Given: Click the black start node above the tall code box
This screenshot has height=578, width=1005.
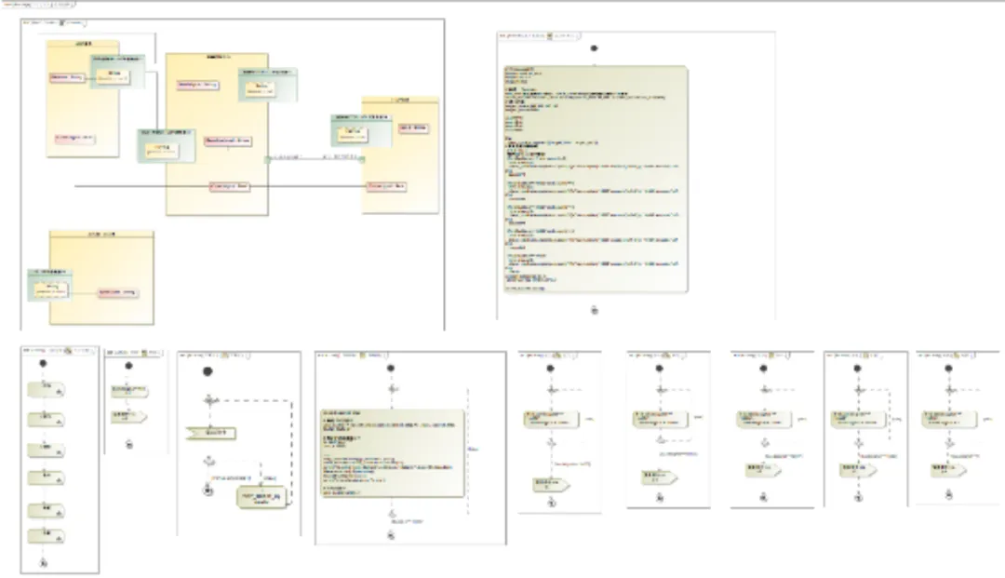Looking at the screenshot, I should click(594, 47).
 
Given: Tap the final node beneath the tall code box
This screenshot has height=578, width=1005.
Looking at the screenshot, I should click(594, 310).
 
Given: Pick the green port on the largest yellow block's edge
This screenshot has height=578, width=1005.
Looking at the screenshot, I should click(267, 159).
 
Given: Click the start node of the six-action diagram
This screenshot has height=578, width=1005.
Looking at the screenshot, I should click(44, 365).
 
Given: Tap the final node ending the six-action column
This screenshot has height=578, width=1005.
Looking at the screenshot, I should click(44, 563).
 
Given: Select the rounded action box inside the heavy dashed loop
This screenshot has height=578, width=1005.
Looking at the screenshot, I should click(266, 499).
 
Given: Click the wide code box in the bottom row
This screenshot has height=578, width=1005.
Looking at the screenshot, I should click(392, 451).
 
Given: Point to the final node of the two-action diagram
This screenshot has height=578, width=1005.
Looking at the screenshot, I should click(129, 443).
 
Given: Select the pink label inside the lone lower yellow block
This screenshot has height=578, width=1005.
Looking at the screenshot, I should click(117, 292).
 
